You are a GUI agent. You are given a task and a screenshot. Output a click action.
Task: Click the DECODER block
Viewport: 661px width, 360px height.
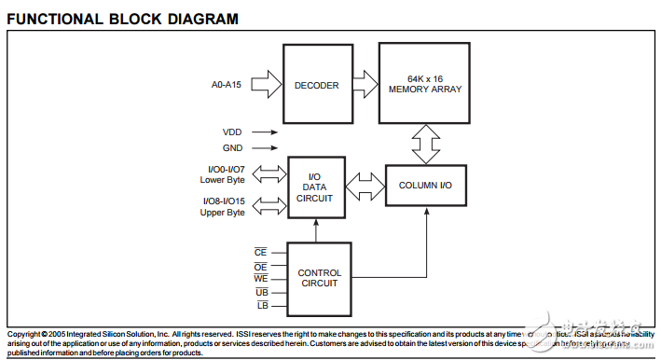point(317,84)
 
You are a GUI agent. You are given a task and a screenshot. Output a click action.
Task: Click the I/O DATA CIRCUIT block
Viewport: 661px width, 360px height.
point(316,187)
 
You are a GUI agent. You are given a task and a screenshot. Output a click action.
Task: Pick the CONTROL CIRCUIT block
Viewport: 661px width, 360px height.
point(320,278)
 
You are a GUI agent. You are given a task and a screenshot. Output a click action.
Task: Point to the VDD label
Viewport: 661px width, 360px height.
point(231,132)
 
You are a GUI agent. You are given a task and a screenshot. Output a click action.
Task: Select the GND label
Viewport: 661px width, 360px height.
point(231,148)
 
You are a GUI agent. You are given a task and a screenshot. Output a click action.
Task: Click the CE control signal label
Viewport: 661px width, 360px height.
point(261,252)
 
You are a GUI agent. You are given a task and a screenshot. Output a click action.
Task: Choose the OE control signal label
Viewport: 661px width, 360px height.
point(261,266)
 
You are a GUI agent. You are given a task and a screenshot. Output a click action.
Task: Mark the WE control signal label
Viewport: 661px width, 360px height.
point(261,279)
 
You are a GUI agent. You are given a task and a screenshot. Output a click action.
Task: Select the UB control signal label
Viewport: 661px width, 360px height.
point(261,292)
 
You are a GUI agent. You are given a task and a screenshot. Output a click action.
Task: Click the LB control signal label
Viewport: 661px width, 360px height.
point(261,306)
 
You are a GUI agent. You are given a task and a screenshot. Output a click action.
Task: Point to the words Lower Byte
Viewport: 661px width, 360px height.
point(222,179)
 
